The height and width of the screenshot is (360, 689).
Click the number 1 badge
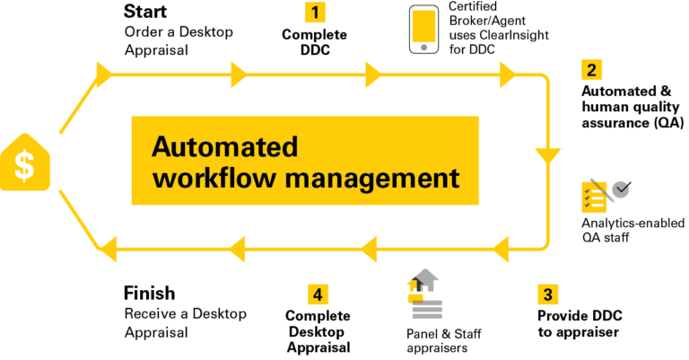[315, 13]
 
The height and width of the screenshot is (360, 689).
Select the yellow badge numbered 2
[591, 70]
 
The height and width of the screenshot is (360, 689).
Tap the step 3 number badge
[548, 294]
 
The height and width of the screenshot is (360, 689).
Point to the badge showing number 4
[318, 294]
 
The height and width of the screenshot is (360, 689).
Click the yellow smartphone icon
[423, 29]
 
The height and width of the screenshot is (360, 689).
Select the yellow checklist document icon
[593, 197]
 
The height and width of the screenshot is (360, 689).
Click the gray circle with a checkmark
[621, 189]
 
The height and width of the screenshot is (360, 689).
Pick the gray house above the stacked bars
[427, 278]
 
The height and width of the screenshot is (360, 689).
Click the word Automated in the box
[224, 146]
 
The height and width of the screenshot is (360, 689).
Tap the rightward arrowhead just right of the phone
[508, 75]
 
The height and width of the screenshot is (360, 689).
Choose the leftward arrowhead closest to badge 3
[501, 249]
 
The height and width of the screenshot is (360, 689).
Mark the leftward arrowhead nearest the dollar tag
[107, 249]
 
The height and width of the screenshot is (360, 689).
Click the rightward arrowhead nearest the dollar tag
[104, 75]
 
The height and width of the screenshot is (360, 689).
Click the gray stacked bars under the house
[427, 310]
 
